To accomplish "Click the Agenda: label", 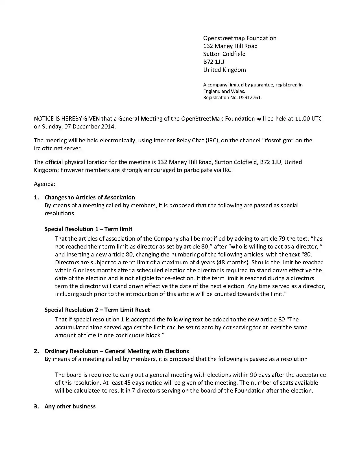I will [44, 184].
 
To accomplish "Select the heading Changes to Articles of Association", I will [90, 197].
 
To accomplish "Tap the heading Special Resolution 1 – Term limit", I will [88, 229].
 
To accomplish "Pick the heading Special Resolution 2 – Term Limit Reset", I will [97, 310].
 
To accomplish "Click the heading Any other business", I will [70, 406].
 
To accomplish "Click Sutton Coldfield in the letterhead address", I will [224, 54].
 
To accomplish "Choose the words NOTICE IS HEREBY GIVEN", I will [67, 119].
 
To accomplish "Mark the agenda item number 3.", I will [36, 406].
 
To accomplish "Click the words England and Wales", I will [224, 91].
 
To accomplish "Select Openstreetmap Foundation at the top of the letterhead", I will [240, 38].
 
